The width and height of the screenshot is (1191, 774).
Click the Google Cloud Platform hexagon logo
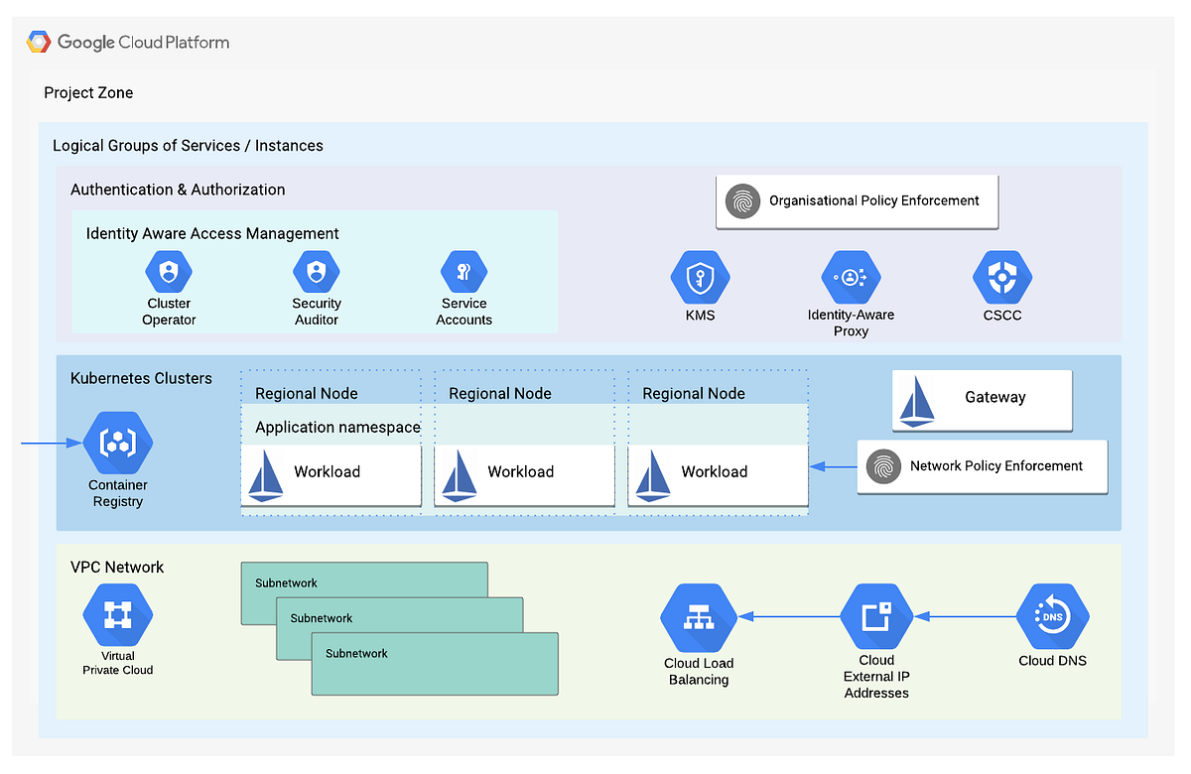click(40, 43)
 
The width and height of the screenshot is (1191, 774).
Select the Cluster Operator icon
click(169, 271)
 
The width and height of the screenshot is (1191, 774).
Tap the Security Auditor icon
click(317, 271)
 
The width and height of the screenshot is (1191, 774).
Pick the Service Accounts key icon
click(463, 271)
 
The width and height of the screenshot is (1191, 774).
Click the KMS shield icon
click(700, 278)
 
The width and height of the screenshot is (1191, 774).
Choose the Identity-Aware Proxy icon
click(851, 278)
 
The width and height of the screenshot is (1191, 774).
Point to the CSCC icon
click(1002, 278)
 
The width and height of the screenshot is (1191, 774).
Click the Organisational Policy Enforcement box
click(857, 201)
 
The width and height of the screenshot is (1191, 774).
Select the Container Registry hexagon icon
click(118, 444)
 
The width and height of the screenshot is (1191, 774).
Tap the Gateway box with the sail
click(982, 399)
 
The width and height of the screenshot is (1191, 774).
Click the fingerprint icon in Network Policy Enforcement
click(883, 466)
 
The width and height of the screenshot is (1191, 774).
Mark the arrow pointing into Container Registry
click(50, 444)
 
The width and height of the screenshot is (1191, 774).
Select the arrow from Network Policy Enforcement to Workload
click(833, 465)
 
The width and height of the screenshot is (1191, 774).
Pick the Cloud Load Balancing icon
click(698, 618)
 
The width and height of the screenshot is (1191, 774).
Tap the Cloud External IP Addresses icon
click(875, 616)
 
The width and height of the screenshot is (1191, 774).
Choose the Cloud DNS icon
click(1052, 616)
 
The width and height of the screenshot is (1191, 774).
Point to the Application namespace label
click(337, 428)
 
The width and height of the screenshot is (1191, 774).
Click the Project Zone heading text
click(88, 93)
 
